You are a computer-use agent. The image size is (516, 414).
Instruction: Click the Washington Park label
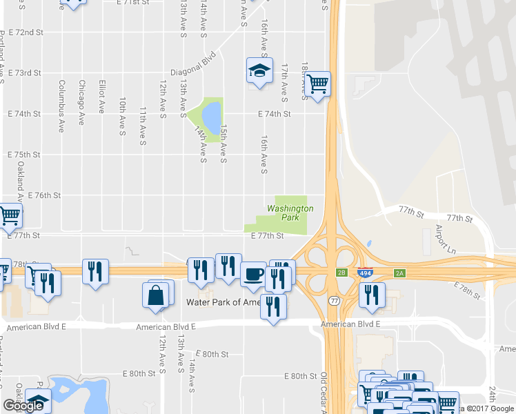pos(290,212)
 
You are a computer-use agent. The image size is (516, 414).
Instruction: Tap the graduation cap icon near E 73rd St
pos(259,70)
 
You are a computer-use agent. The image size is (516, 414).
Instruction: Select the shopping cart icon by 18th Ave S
pos(317,85)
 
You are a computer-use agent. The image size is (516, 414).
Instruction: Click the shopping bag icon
pos(156,295)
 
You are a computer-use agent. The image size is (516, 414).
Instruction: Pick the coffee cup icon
pos(253,273)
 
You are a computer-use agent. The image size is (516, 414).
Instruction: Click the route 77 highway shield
pos(334,301)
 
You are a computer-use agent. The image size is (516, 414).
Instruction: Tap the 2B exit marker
pos(342,273)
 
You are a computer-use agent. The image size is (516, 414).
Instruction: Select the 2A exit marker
pos(400,273)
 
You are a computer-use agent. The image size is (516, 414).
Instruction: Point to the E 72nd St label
pos(27,32)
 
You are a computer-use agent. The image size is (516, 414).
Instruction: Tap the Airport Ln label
pos(446,238)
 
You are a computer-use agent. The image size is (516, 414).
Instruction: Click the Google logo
pos(23,406)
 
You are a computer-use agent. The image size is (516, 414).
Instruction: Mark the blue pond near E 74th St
pos(212,115)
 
